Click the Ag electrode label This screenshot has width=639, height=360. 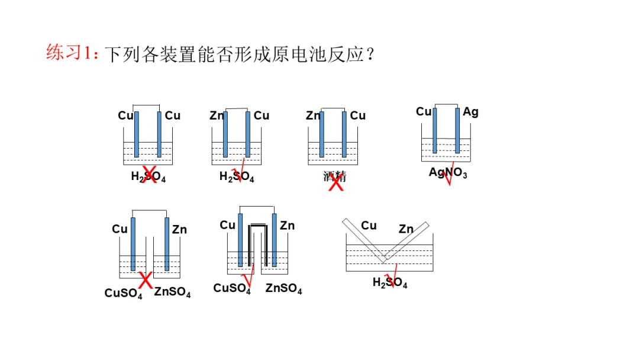point(470,111)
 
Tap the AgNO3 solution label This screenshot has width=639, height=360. point(448,173)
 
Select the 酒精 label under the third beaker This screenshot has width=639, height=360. point(334,176)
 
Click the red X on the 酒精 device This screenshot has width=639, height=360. point(336,183)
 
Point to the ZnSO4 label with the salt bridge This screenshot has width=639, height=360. point(283,289)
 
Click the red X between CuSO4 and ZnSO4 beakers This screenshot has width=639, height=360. point(146,279)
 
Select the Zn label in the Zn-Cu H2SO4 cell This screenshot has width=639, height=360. point(217,115)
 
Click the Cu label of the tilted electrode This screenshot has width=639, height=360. point(369,225)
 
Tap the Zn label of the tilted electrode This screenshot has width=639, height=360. point(406,229)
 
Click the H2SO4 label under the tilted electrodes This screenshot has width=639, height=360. point(390,282)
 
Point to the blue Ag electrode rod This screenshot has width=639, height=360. point(457,130)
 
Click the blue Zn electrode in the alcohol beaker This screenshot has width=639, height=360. point(322,134)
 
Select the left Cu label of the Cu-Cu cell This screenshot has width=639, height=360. point(125,115)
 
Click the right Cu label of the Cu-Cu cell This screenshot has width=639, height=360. point(172,115)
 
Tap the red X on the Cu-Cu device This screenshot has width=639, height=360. point(150,174)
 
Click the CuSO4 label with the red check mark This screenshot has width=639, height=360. point(232,289)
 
